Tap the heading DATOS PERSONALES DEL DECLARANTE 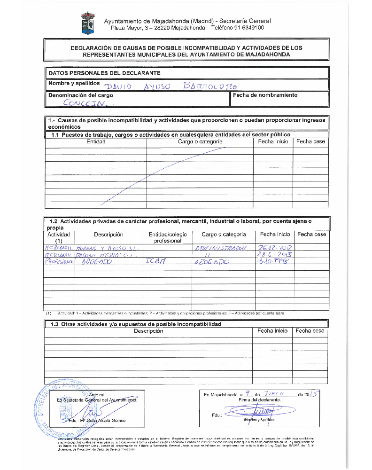[x=104, y=73]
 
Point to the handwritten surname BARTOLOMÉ [x=213, y=86]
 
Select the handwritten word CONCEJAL [x=85, y=102]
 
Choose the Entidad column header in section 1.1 [x=96, y=141]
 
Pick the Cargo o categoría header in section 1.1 [x=200, y=141]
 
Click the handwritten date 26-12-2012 [x=275, y=247]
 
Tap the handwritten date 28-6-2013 [x=275, y=254]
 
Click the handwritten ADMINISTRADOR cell [x=220, y=247]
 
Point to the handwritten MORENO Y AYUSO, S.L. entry [x=108, y=247]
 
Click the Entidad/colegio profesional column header [x=168, y=237]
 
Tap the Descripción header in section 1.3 [x=148, y=331]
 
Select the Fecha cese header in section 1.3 [x=310, y=331]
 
